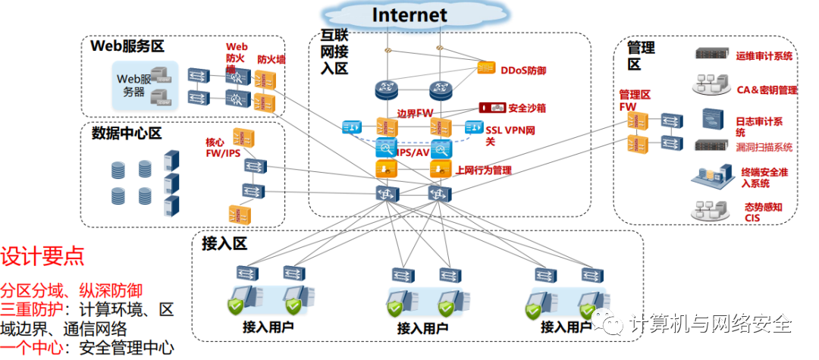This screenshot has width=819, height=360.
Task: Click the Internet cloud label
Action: pyautogui.click(x=409, y=14)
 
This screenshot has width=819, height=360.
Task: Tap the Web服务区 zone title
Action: pyautogui.click(x=127, y=45)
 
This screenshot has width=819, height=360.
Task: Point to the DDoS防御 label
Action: pyautogui.click(x=523, y=70)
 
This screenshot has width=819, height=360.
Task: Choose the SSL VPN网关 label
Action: pyautogui.click(x=511, y=136)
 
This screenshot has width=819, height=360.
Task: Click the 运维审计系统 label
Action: pyautogui.click(x=764, y=56)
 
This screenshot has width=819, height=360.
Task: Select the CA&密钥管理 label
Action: pyautogui.click(x=767, y=90)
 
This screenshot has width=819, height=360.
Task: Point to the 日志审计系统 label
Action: pyautogui.click(x=759, y=127)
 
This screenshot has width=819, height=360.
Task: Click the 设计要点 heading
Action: pyautogui.click(x=42, y=255)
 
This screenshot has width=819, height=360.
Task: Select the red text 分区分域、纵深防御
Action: pyautogui.click(x=71, y=290)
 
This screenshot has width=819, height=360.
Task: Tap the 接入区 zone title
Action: pyautogui.click(x=224, y=244)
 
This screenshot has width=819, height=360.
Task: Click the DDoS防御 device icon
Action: pyautogui.click(x=486, y=68)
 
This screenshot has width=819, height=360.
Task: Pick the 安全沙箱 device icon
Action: pyautogui.click(x=491, y=108)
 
